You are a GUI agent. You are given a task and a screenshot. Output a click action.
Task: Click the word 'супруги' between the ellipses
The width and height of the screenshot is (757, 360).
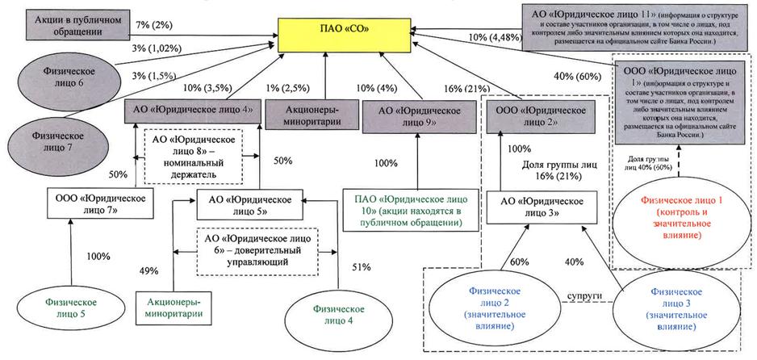(x=583, y=298)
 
